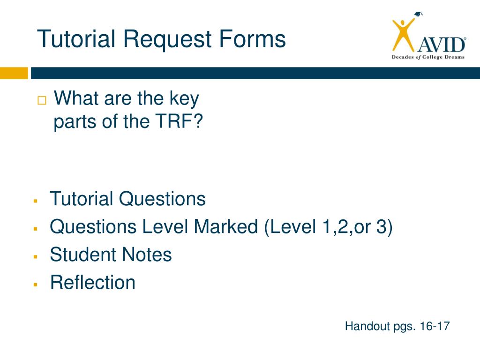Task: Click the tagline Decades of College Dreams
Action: point(428,57)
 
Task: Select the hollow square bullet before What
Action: point(42,100)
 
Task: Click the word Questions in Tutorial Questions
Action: point(162,199)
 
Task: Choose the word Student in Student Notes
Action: point(82,255)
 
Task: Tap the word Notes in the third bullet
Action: point(147,255)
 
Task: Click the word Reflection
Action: point(93,283)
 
